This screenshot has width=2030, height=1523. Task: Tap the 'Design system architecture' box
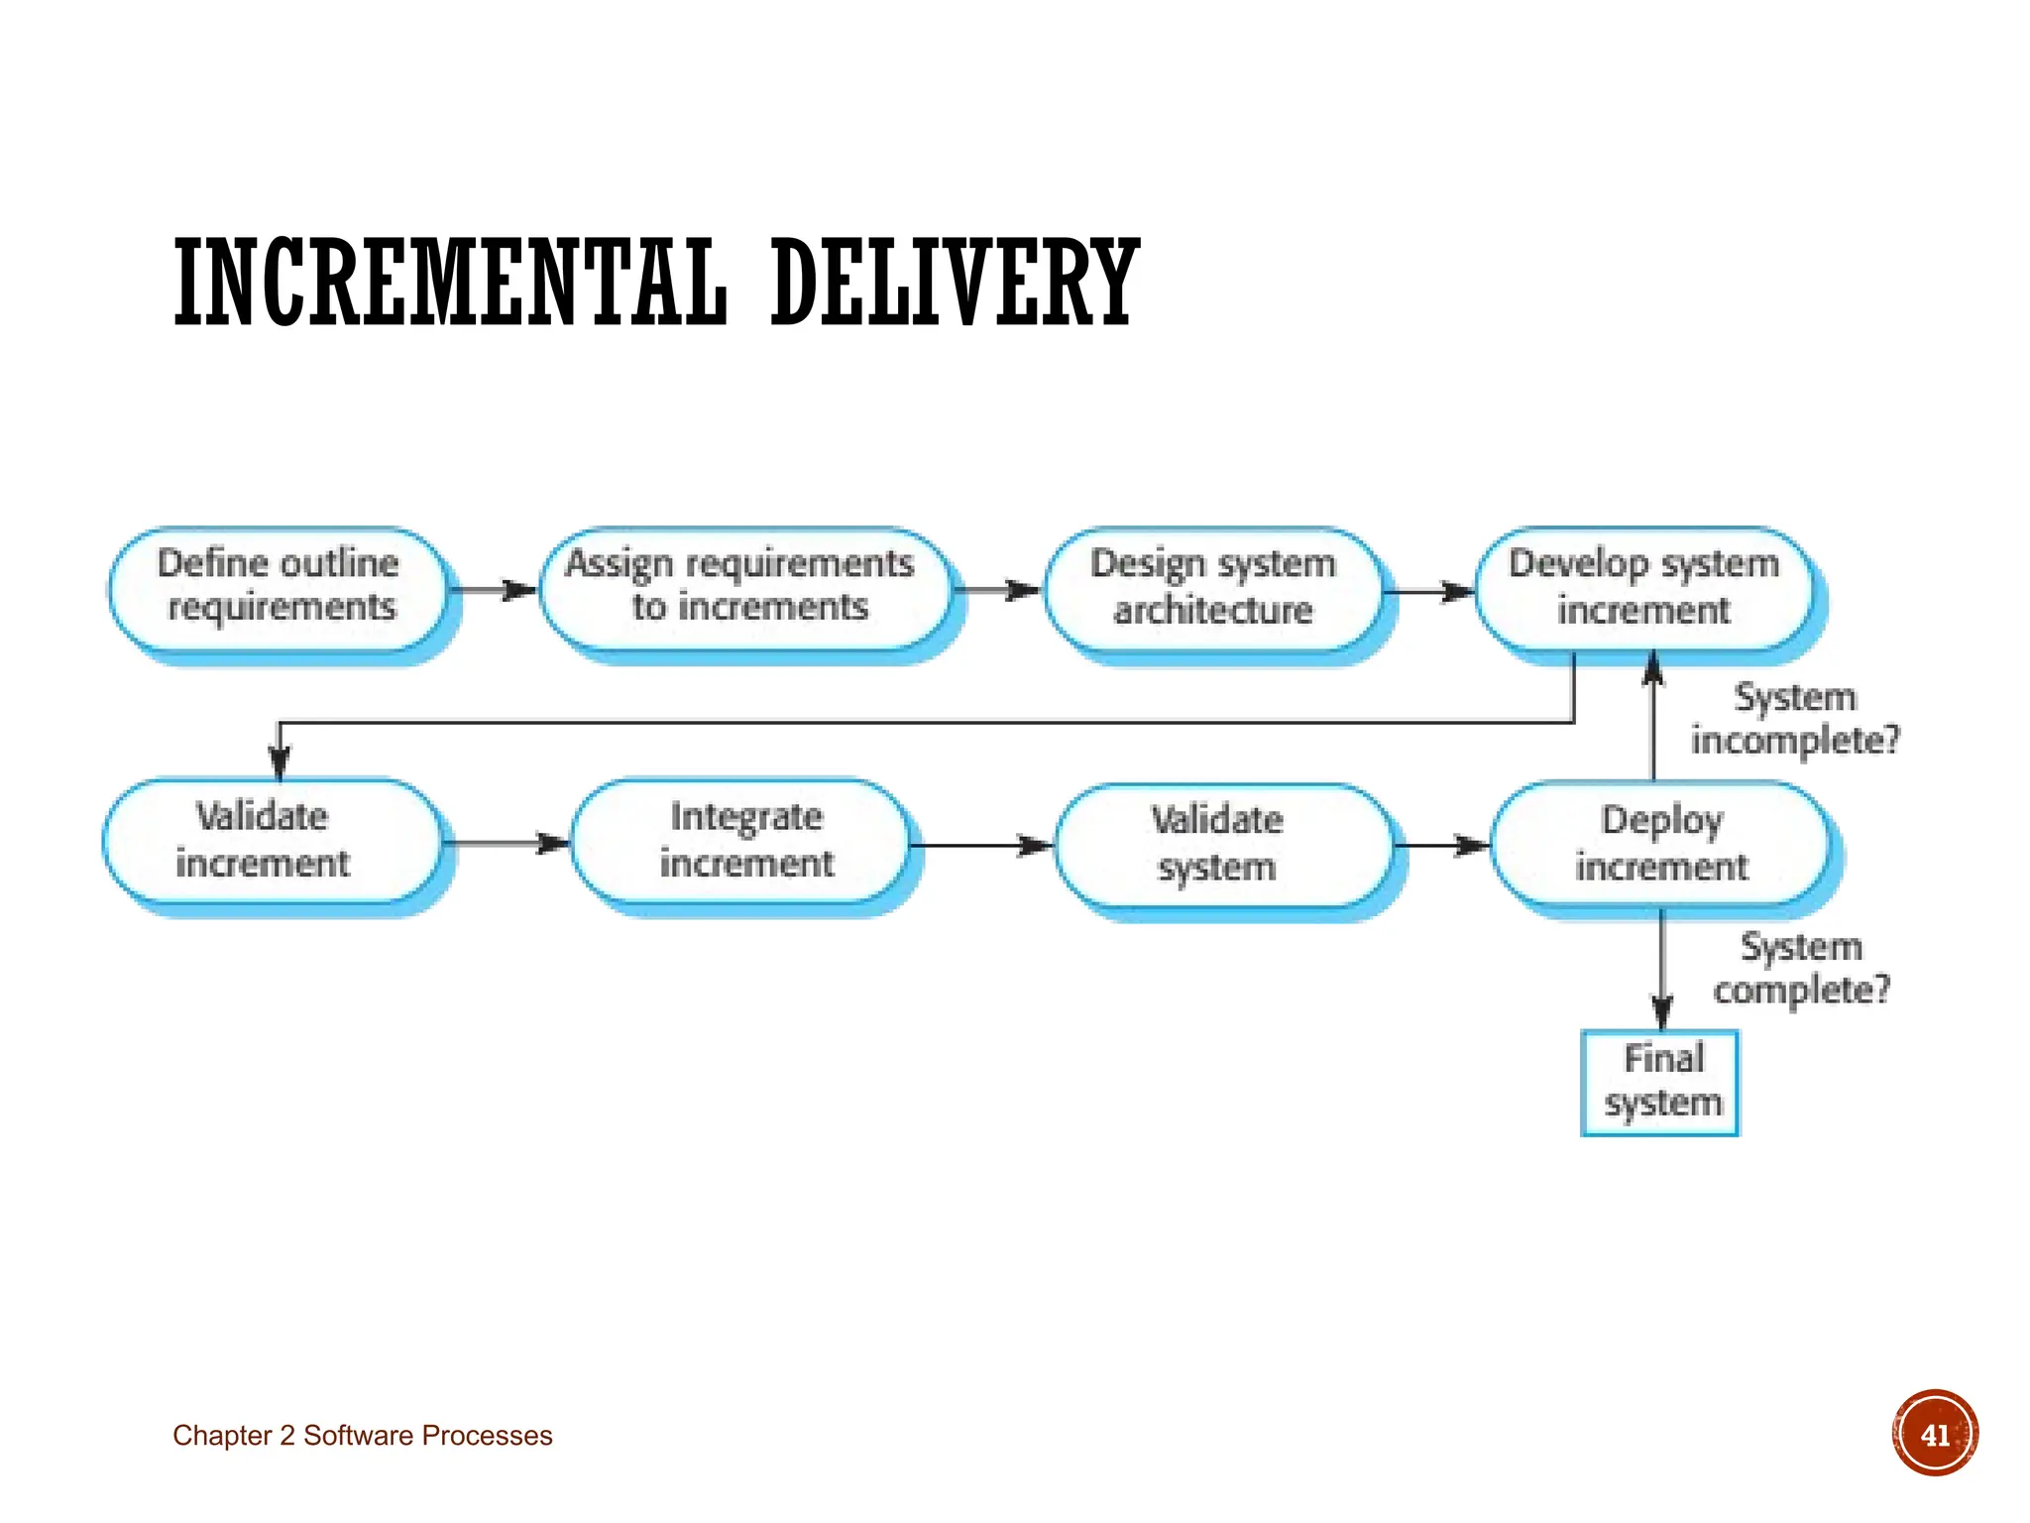(x=1213, y=589)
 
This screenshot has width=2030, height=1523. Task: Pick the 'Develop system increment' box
(x=1643, y=589)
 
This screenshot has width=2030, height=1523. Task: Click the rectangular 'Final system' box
(x=1660, y=1083)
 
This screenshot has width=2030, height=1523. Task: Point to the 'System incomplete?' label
(x=1794, y=719)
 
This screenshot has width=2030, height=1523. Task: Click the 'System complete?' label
(x=1801, y=969)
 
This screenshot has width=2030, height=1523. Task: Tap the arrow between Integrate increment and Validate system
(x=981, y=846)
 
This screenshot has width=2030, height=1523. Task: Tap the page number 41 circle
(x=1934, y=1434)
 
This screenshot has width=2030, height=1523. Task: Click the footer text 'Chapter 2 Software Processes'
(x=363, y=1436)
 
